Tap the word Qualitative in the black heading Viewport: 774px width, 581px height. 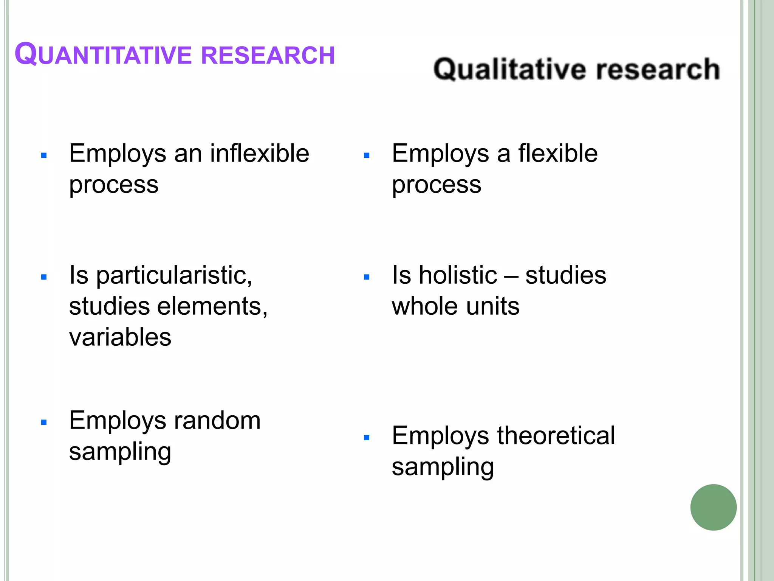click(509, 70)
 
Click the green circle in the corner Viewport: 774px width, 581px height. click(713, 507)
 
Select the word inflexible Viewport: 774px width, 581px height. click(260, 154)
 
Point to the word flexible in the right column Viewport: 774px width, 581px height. click(558, 154)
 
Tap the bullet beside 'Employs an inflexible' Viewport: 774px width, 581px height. click(44, 155)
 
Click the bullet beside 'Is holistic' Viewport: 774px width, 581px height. click(366, 277)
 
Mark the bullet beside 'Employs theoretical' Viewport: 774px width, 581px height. click(366, 438)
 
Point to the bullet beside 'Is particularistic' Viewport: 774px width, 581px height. click(44, 277)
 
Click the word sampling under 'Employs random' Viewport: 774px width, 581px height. click(120, 452)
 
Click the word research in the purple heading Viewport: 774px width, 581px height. click(268, 55)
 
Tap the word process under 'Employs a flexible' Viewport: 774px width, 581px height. click(437, 185)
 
